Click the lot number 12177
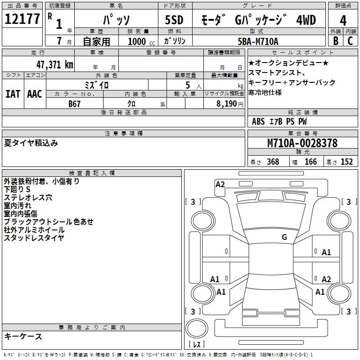[22, 19]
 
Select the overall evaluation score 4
[343, 21]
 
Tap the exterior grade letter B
[335, 40]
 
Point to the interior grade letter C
[350, 40]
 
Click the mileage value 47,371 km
[55, 64]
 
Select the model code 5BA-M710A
[258, 41]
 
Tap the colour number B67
[75, 103]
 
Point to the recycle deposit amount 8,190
[223, 103]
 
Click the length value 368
[272, 162]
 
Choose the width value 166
[310, 162]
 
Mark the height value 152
[346, 162]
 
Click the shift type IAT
[13, 94]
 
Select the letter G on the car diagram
[284, 237]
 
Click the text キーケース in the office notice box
[23, 337]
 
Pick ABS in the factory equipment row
[258, 121]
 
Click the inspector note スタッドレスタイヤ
[34, 238]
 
